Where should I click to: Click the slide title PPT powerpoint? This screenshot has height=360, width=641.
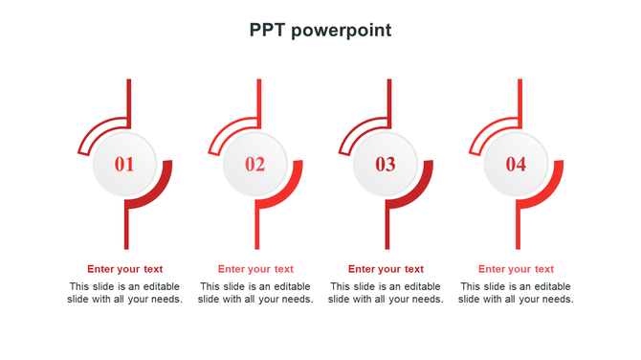(320, 31)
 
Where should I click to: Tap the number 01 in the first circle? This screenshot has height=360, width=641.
(124, 165)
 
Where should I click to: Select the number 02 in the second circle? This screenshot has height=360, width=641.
(254, 165)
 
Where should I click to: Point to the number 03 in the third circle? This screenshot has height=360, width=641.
(385, 165)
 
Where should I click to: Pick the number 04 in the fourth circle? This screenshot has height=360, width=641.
(516, 165)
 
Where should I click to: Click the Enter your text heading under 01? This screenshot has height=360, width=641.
(125, 269)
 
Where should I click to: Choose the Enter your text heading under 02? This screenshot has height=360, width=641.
(255, 269)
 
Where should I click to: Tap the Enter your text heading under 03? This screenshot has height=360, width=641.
(386, 269)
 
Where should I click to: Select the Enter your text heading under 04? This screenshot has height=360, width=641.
(516, 269)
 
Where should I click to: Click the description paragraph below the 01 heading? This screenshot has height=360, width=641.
(125, 293)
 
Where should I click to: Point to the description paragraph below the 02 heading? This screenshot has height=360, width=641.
(255, 293)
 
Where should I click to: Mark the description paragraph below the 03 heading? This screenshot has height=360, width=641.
(386, 293)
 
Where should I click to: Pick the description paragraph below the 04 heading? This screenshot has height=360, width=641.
(516, 293)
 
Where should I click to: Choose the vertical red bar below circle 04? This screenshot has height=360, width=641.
(519, 230)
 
